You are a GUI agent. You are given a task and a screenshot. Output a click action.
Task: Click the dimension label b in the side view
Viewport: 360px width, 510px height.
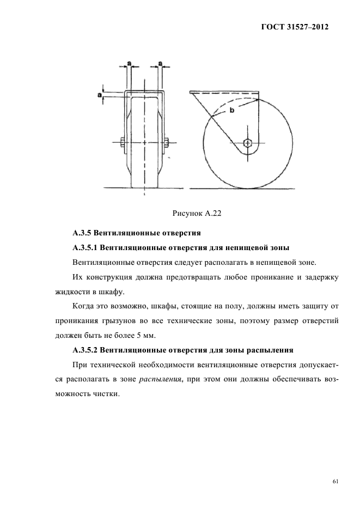[231, 111]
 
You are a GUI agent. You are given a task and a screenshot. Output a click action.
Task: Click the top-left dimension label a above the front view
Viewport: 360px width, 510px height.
[129, 64]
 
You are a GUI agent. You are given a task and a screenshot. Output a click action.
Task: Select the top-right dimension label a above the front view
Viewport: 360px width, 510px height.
[161, 64]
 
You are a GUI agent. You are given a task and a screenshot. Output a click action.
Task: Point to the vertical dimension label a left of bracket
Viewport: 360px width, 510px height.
[100, 94]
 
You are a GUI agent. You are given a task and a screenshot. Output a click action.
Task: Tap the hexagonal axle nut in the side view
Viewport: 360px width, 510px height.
[247, 143]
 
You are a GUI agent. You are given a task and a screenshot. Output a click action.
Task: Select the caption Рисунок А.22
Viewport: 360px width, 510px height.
[194, 214]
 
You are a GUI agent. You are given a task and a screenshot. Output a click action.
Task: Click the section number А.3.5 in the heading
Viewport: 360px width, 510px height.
[83, 234]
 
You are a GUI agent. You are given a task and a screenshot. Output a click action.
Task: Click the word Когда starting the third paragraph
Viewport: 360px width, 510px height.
[85, 306]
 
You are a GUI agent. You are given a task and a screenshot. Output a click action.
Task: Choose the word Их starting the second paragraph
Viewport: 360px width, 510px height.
[77, 277]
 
